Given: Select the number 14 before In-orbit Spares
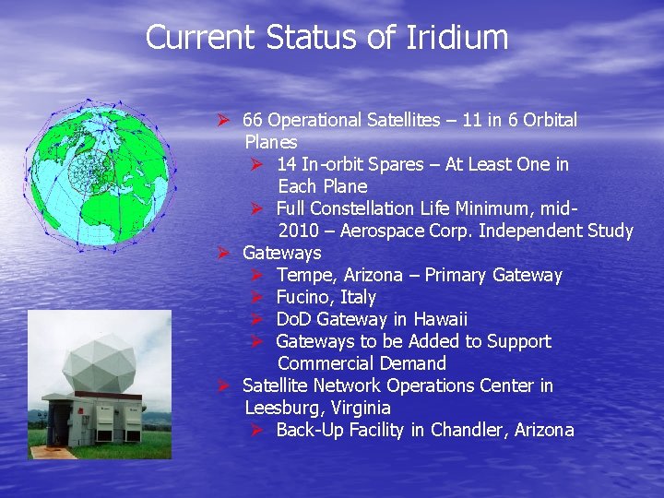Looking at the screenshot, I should click(286, 164).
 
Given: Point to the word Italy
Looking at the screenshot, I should click(358, 297).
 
